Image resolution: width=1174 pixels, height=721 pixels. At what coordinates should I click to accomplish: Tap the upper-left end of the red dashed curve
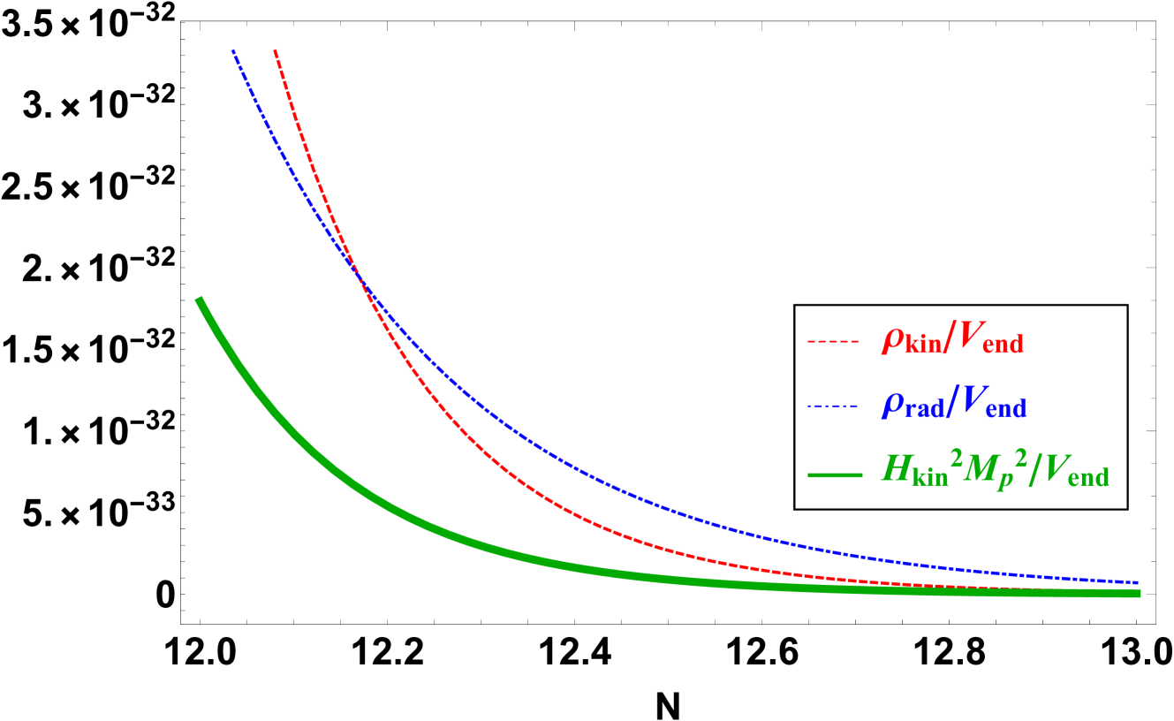pyautogui.click(x=276, y=51)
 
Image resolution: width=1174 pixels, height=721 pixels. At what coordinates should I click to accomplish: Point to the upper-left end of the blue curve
pyautogui.click(x=233, y=51)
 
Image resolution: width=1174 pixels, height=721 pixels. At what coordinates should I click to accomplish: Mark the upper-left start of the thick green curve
pyautogui.click(x=199, y=300)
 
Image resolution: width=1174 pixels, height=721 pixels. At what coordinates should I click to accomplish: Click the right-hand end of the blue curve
pyautogui.click(x=1138, y=583)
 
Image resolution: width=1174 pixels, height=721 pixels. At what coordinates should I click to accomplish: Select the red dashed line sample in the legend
pyautogui.click(x=832, y=341)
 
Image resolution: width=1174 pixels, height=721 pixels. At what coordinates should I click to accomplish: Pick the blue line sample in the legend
pyautogui.click(x=832, y=406)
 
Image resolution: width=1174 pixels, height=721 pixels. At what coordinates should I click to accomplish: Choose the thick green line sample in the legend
pyautogui.click(x=834, y=475)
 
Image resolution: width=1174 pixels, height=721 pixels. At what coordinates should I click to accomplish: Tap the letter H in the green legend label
pyautogui.click(x=897, y=469)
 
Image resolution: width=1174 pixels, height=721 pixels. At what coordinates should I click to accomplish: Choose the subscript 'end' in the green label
pyautogui.click(x=1088, y=480)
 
